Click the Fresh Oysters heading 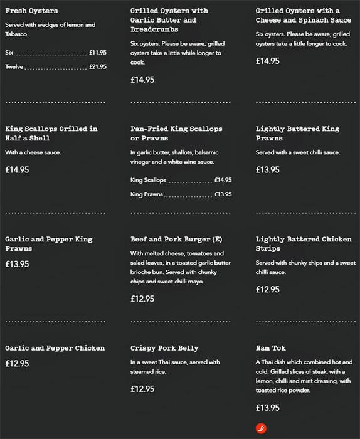31,11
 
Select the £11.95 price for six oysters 97,52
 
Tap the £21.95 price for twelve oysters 97,66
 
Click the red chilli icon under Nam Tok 262,428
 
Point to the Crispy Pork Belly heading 164,348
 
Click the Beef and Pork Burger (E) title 176,240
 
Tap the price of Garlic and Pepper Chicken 17,364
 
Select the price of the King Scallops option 223,180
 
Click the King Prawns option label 147,194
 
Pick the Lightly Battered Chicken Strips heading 304,244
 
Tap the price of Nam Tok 268,408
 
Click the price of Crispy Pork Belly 142,389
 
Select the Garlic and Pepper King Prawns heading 48,244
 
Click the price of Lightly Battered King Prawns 268,170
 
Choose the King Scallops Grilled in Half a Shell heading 51,134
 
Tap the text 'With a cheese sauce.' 33,152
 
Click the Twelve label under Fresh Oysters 14,66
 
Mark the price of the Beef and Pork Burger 142,299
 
